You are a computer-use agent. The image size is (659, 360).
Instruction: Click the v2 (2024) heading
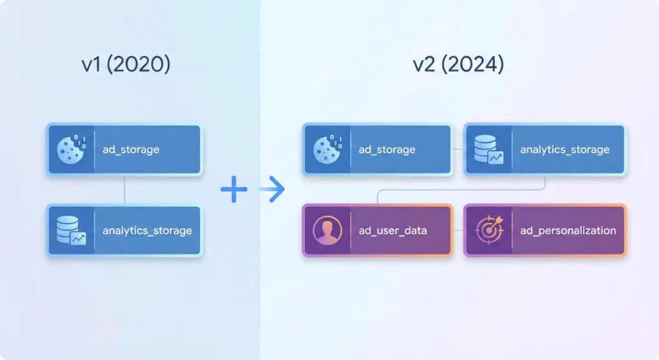[458, 65]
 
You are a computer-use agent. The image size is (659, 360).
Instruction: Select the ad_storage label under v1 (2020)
[131, 150]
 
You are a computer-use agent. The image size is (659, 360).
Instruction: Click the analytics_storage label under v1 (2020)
[147, 231]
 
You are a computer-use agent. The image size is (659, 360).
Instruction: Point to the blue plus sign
[234, 189]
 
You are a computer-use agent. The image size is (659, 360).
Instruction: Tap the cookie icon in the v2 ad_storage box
[326, 149]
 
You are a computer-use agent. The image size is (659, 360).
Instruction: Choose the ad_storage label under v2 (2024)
[387, 150]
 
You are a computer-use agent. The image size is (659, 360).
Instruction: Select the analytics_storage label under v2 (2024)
[564, 150]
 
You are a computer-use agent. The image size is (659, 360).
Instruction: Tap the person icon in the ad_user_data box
[326, 231]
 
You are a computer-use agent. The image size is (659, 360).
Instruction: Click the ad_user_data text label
[393, 231]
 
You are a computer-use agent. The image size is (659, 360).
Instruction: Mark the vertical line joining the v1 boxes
[124, 190]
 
